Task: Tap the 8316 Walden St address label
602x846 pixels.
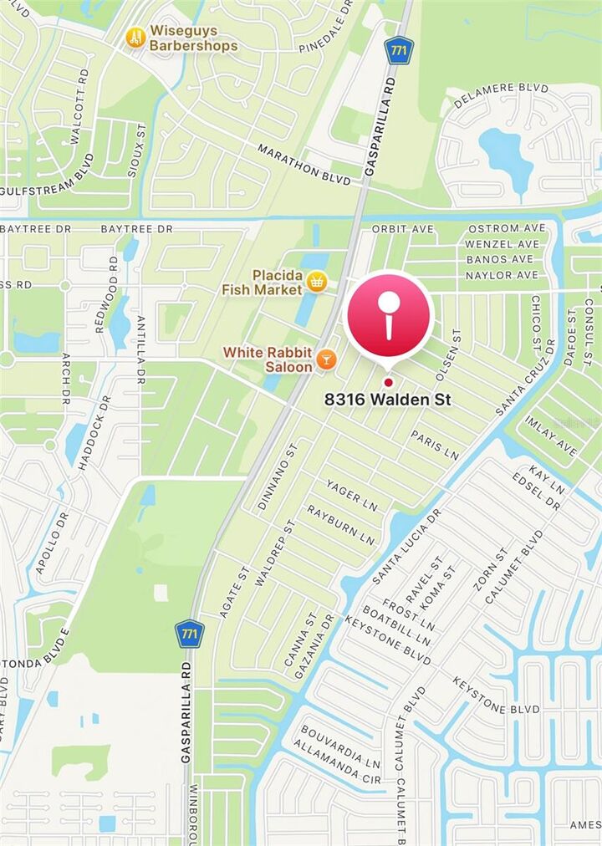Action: (x=388, y=400)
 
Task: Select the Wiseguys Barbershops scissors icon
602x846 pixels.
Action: (x=135, y=38)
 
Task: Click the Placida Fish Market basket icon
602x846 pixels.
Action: (x=316, y=282)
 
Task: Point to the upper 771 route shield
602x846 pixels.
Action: (x=400, y=50)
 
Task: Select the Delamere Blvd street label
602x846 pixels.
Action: (x=502, y=96)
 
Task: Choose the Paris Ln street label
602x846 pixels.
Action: (x=435, y=445)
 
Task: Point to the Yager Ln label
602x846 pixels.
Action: (x=352, y=497)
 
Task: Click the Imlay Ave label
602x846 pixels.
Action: (x=553, y=440)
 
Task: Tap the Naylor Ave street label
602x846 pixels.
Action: (x=502, y=275)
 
